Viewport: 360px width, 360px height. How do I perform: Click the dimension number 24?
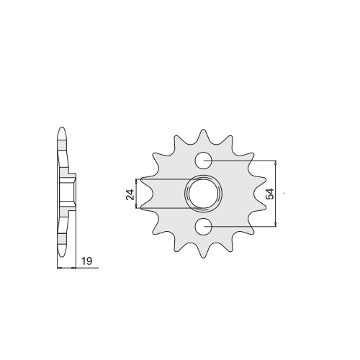(x=130, y=194)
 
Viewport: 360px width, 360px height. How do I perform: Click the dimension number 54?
(x=269, y=194)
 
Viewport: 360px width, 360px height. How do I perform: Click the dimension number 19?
(x=86, y=261)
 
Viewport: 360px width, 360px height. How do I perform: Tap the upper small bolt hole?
(x=203, y=160)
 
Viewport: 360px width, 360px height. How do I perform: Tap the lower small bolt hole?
(x=203, y=227)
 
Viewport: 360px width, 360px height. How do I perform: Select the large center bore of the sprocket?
(x=203, y=194)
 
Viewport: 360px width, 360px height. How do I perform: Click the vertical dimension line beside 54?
(x=276, y=194)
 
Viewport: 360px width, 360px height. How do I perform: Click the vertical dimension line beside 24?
(x=137, y=194)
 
